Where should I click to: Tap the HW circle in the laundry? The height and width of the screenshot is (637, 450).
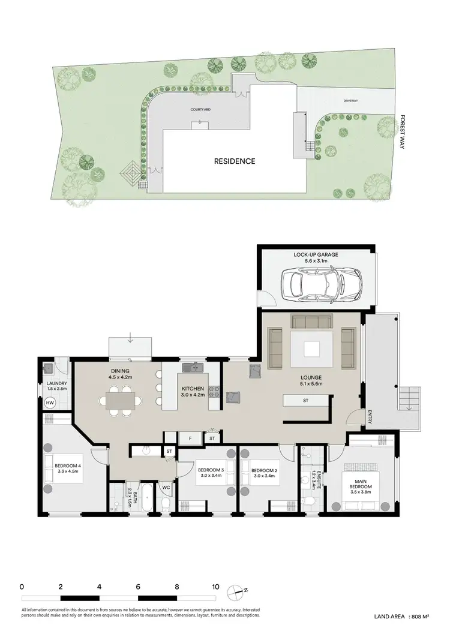50,403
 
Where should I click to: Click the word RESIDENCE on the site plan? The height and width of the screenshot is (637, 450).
235,161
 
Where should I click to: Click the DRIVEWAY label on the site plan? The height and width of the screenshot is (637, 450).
351,101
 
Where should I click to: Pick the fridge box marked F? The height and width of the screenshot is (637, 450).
190,438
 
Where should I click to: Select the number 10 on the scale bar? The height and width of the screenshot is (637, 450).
215,587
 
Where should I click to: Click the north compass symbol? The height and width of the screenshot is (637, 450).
239,591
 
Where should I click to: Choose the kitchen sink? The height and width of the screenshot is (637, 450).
193,366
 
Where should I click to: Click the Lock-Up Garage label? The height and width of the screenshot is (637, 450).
316,255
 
